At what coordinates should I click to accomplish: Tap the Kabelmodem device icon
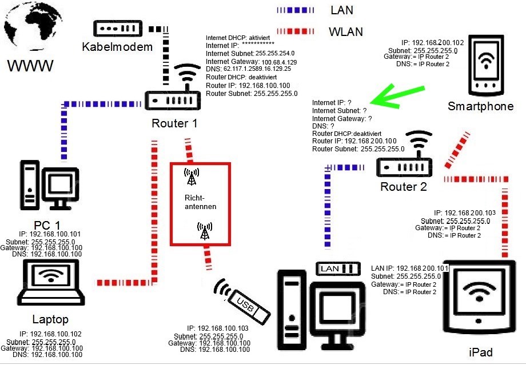[x=118, y=29]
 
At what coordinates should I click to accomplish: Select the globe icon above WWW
[x=33, y=26]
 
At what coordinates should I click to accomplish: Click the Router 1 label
[x=174, y=123]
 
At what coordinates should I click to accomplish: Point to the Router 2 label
[x=404, y=187]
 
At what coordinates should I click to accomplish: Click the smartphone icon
[x=486, y=65]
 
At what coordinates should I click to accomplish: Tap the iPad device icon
[x=479, y=297]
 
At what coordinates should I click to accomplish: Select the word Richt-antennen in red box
[x=201, y=202]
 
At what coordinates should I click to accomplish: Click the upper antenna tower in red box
[x=192, y=177]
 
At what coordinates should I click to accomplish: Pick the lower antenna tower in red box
[x=205, y=231]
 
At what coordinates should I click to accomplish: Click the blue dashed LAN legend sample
[x=296, y=10]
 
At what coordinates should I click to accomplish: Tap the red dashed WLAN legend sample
[x=296, y=31]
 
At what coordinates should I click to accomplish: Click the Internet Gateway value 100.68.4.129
[x=279, y=62]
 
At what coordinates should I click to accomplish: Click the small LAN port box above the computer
[x=338, y=268]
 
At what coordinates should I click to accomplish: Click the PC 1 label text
[x=47, y=225]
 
